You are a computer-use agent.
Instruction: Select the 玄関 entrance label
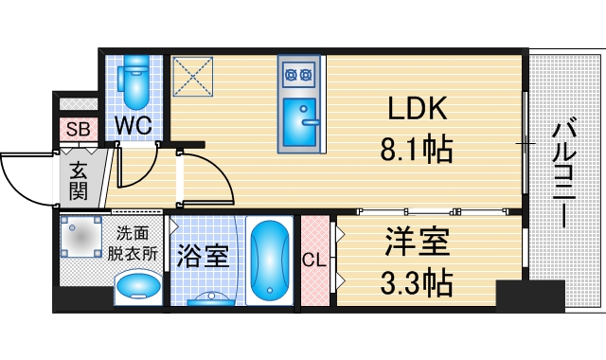click(x=77, y=181)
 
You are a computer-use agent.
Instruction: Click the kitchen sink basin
click(x=301, y=117)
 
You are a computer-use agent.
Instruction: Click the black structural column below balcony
click(x=530, y=297)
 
